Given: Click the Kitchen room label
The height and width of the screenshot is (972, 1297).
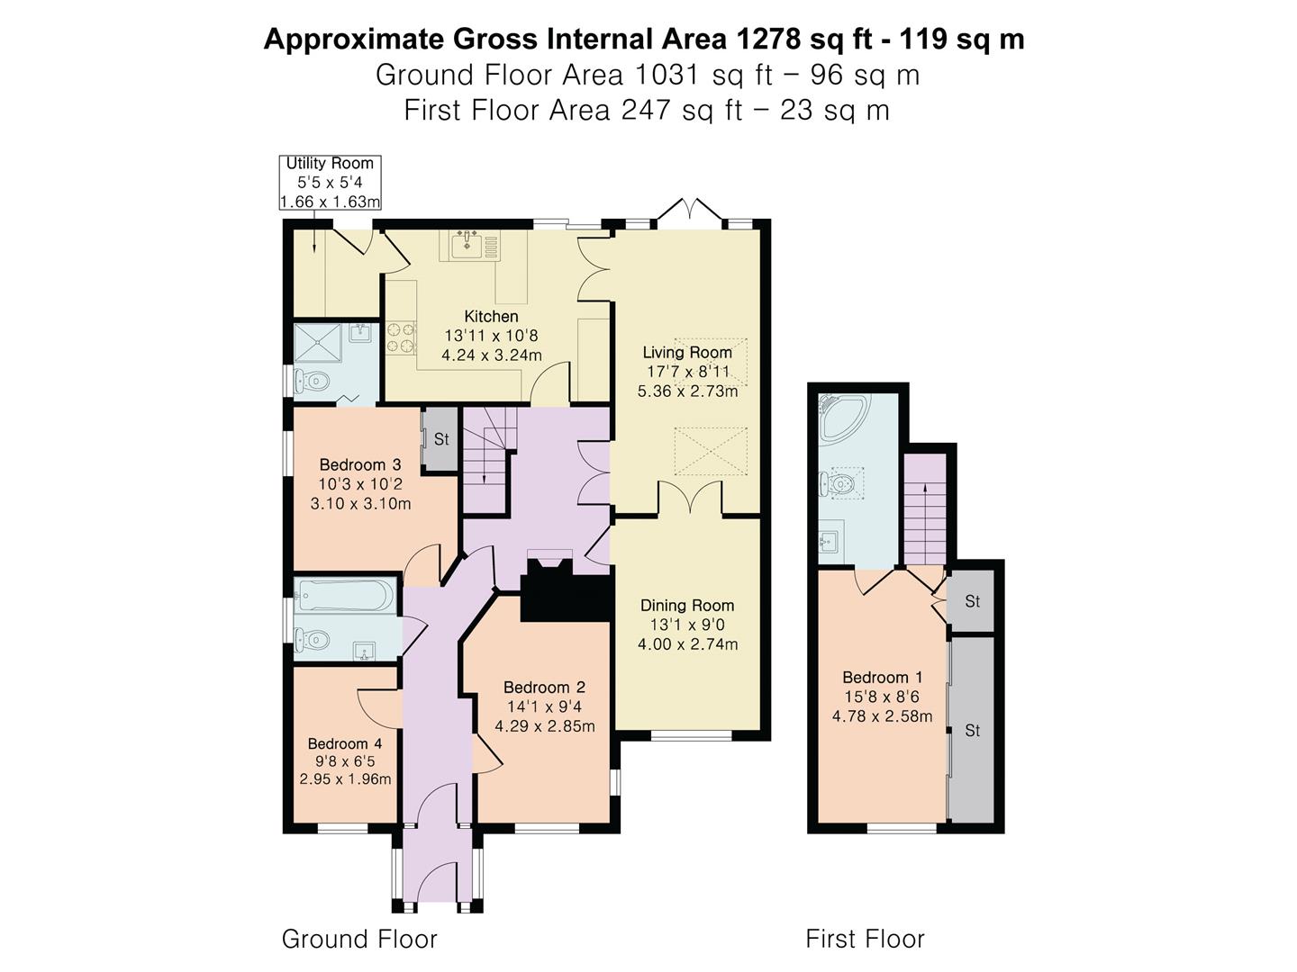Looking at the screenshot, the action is (x=491, y=316).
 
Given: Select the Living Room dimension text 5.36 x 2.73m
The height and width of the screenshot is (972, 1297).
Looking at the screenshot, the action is (x=687, y=391).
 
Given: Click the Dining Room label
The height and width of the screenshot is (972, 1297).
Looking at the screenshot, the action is (x=687, y=605).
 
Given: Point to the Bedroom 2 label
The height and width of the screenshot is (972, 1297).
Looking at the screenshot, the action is (x=544, y=687).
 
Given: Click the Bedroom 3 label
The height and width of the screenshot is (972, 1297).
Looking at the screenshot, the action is (x=360, y=464).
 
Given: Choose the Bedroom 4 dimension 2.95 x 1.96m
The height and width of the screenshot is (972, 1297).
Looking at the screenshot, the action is (x=345, y=779).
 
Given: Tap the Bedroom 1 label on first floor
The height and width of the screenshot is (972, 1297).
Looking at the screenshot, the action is (x=882, y=677).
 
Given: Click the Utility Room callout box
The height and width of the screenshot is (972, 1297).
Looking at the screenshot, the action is (x=330, y=183).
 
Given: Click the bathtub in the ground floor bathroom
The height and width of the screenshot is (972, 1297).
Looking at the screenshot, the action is (x=346, y=595).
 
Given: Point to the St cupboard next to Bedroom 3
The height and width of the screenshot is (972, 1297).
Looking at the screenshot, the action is (x=440, y=439).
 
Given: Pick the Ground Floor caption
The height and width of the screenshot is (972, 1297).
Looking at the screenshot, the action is (x=359, y=939).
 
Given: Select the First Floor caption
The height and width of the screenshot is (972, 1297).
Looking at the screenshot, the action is (x=865, y=939).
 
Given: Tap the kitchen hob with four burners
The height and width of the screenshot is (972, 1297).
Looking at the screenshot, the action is (x=402, y=337).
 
